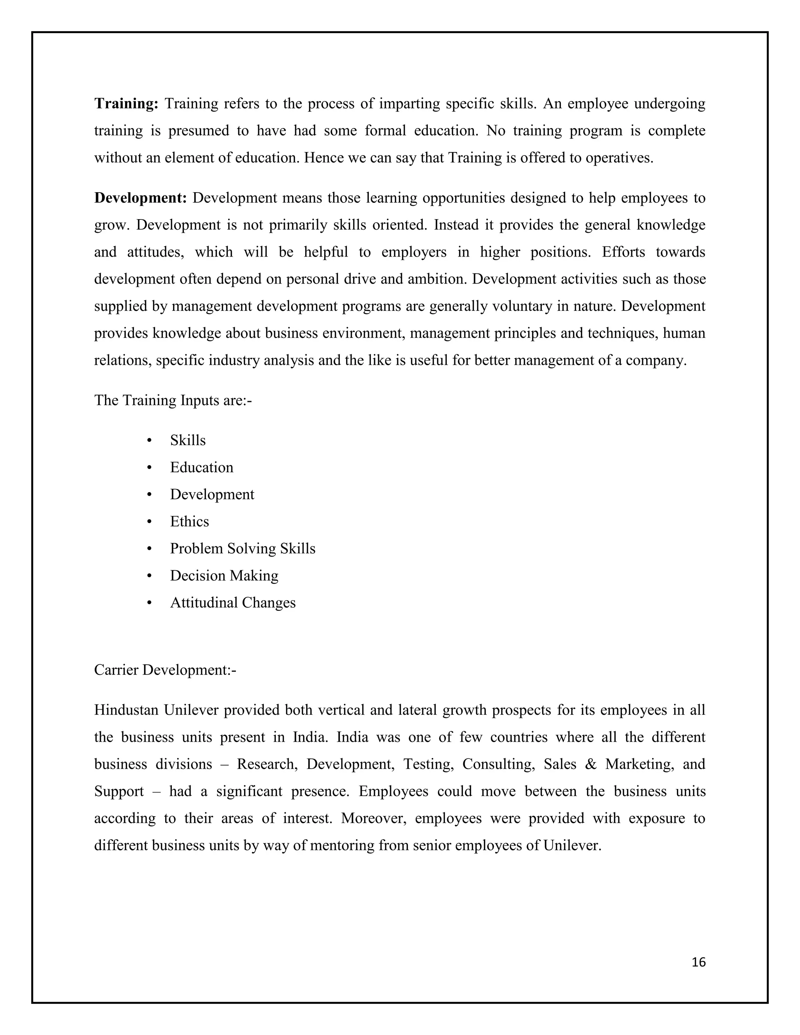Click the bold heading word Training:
coord(126,103)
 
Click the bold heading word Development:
coord(141,198)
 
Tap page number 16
coord(698,962)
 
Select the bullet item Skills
coord(187,440)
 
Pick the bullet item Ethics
coord(189,521)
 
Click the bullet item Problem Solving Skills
coord(243,548)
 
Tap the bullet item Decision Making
coord(224,575)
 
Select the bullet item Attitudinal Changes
coord(233,602)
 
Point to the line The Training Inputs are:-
coord(173,400)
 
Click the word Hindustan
coord(126,710)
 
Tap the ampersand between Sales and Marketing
coord(591,764)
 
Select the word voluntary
coord(522,306)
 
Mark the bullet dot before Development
coord(150,494)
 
